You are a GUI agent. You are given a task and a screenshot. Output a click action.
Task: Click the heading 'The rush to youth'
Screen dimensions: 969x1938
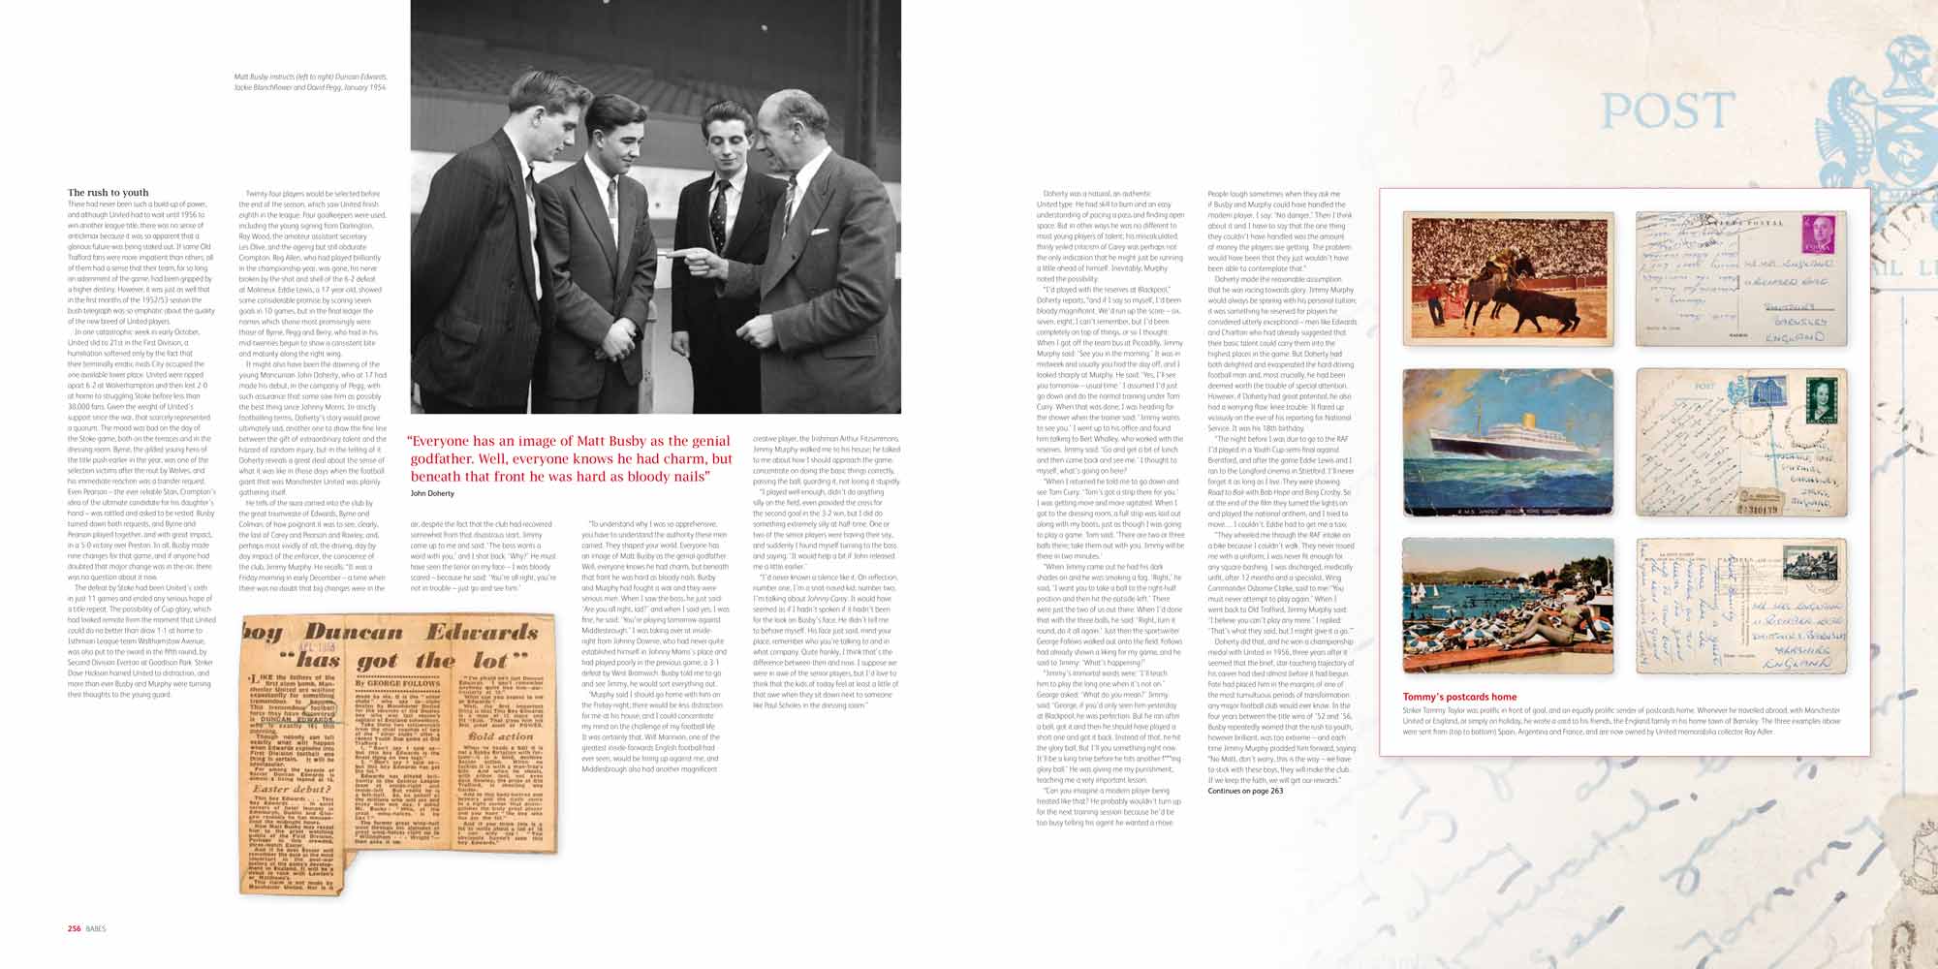tap(108, 193)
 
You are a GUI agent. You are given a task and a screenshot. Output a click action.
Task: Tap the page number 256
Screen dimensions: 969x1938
tap(74, 928)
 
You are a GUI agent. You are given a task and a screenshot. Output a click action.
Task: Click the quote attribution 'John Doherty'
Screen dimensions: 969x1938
tap(432, 493)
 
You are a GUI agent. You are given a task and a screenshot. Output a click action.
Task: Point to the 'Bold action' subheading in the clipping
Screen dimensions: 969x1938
tap(500, 736)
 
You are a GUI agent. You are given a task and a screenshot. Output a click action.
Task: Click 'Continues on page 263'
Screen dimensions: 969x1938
tap(1245, 791)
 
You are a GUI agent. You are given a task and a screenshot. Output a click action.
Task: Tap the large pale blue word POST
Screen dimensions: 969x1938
tap(1667, 111)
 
